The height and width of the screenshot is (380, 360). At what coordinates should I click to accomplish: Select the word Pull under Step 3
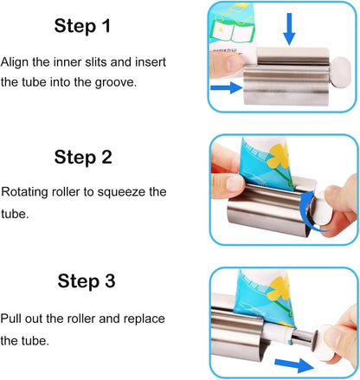[x=14, y=318]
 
